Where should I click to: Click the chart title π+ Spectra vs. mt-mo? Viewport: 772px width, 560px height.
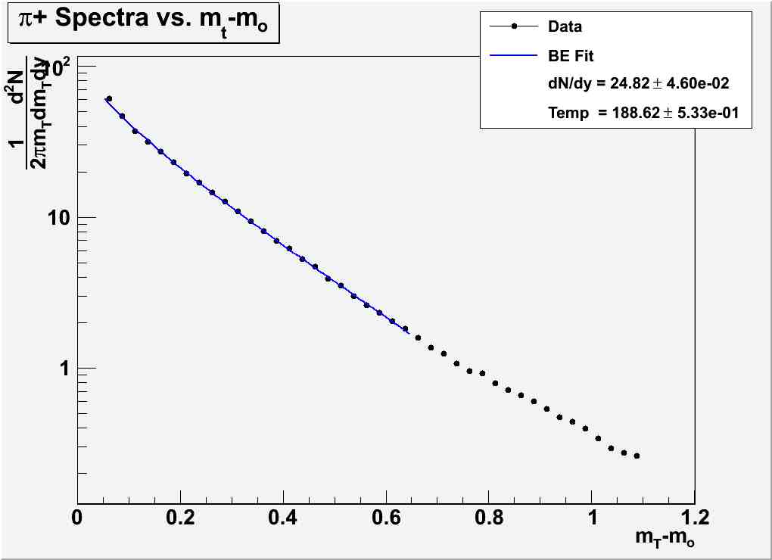144,28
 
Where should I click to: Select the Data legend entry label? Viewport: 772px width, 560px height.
565,26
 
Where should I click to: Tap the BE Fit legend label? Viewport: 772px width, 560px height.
571,55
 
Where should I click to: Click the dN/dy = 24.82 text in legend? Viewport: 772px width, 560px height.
638,83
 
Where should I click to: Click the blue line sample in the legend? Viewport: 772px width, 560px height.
514,55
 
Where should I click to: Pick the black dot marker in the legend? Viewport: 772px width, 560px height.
514,26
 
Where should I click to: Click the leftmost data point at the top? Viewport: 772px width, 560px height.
109,99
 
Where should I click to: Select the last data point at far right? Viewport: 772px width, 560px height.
637,456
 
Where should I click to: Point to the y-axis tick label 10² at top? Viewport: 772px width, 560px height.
58,68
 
